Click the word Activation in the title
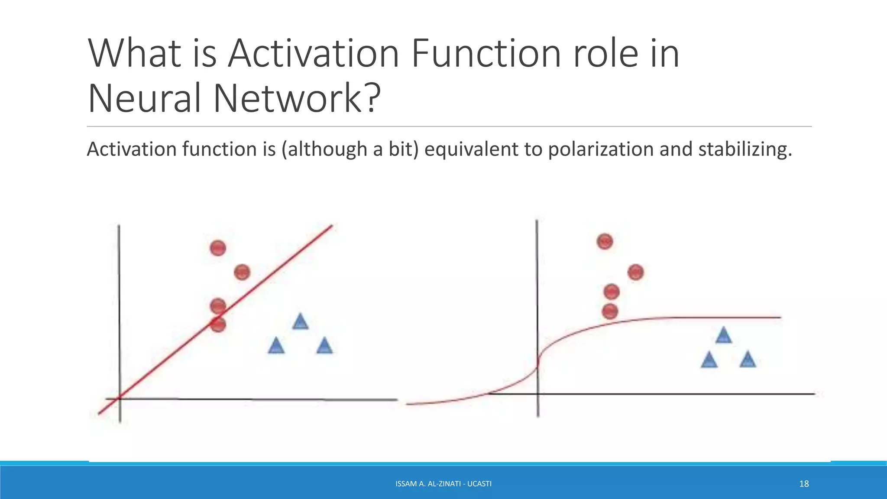pyautogui.click(x=313, y=54)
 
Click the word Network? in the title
pyautogui.click(x=297, y=99)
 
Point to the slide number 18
pyautogui.click(x=804, y=484)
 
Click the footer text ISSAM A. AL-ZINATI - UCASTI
pyautogui.click(x=443, y=484)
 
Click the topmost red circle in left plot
pyautogui.click(x=218, y=248)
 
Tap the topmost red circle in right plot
pyautogui.click(x=605, y=241)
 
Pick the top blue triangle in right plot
pyautogui.click(x=723, y=336)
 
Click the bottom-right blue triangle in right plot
pyautogui.click(x=748, y=360)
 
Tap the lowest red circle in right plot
pyautogui.click(x=610, y=311)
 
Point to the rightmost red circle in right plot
pyautogui.click(x=635, y=272)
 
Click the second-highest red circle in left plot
pyautogui.click(x=242, y=272)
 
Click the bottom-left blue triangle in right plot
pyautogui.click(x=709, y=360)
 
